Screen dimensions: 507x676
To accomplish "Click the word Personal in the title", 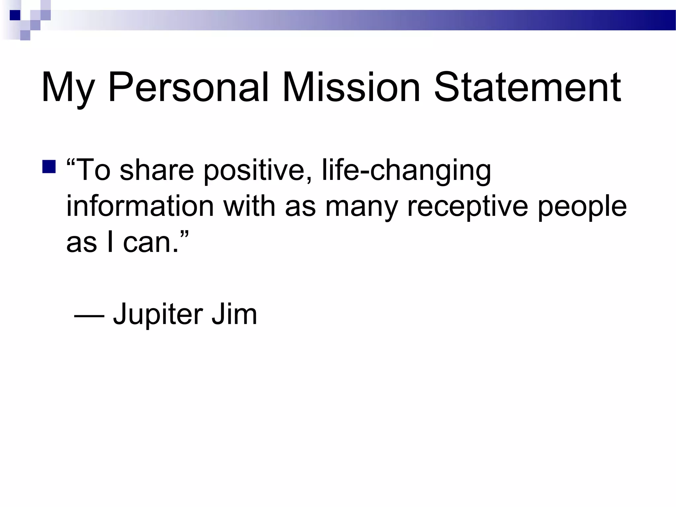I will pos(188,87).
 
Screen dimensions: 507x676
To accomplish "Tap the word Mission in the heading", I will pos(351,87).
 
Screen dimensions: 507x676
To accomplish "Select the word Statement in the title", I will pos(527,87).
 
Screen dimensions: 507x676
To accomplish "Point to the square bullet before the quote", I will pos(49,167).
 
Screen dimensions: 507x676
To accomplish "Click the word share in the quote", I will pos(156,170).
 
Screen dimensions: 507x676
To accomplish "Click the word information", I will pos(140,206).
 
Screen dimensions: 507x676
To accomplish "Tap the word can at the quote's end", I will pos(147,243).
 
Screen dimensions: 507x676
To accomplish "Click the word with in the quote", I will pos(249,206).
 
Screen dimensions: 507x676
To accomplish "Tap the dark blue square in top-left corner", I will pos(15,15).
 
